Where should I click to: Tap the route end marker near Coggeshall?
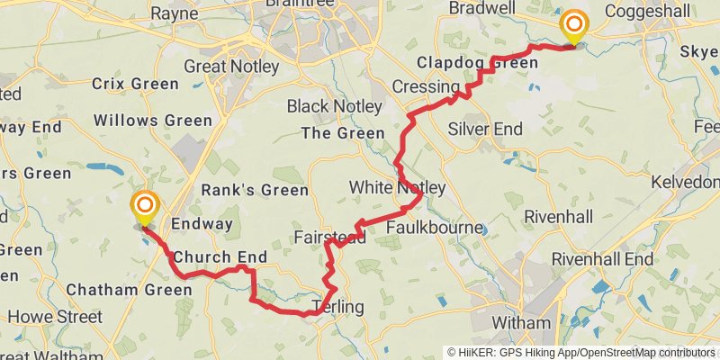[572, 27]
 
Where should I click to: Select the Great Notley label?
[232, 67]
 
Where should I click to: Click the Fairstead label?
[329, 238]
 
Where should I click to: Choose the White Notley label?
[397, 187]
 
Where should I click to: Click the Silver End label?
[484, 129]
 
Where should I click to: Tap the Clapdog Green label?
[478, 63]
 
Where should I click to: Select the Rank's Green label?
[254, 191]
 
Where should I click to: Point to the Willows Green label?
[153, 120]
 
